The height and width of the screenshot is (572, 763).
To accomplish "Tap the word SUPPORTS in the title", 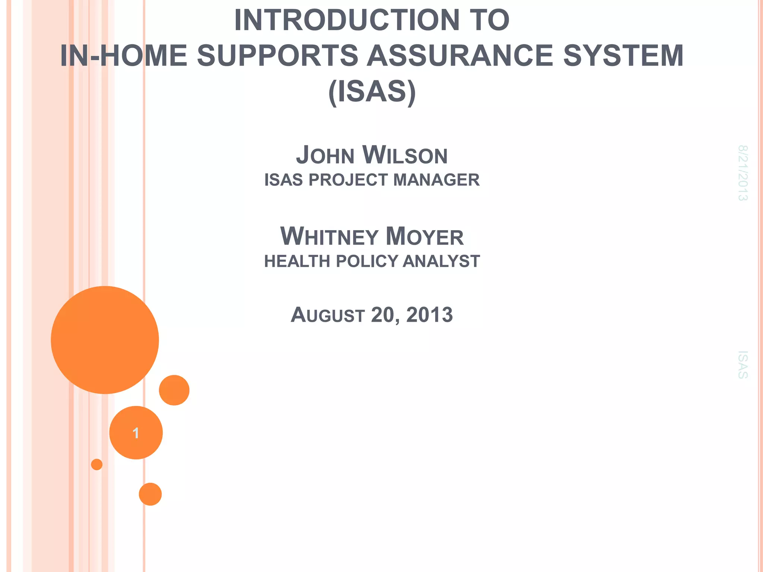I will point(278,56).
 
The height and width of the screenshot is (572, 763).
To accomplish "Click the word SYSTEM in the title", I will point(623,56).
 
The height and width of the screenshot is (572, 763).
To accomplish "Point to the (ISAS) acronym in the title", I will point(372,92).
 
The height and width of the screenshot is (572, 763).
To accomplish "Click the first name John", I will point(325,156).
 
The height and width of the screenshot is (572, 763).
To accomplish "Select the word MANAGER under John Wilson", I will point(436,180).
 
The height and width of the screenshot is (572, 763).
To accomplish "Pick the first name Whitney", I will point(329,237).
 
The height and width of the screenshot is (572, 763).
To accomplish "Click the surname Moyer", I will point(425,237).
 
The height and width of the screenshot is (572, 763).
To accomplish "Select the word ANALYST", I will point(441,261).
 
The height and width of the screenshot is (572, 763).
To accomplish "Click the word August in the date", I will point(327,315).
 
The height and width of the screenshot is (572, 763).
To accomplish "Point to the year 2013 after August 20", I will point(429,315).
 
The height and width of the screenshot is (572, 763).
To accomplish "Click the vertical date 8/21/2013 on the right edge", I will point(743,173).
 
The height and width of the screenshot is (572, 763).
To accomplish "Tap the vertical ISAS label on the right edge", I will point(743,365).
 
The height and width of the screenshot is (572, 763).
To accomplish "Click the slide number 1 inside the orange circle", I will point(136,433).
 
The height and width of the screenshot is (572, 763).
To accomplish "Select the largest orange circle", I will point(105,340).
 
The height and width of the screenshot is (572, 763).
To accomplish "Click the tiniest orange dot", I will point(97,464).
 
